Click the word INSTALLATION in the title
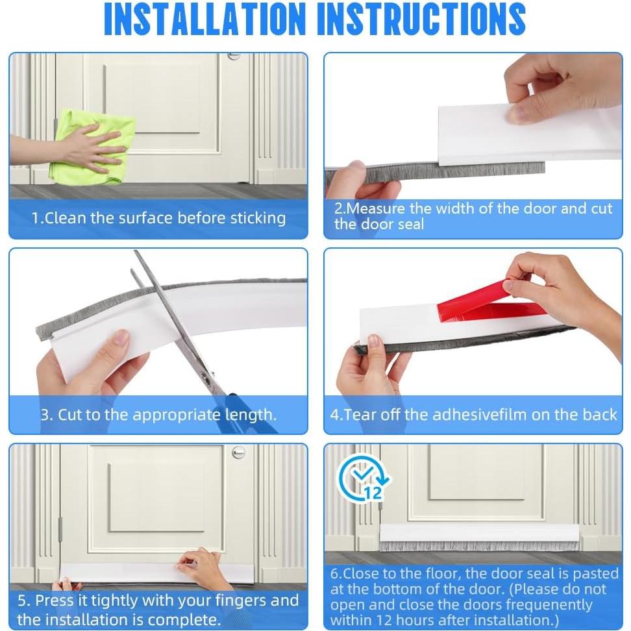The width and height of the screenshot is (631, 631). pos(205,19)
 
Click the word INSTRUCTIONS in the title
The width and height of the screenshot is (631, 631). pos(421,19)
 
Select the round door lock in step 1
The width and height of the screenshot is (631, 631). pos(234,56)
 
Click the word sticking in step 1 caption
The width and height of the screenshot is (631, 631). pos(258,218)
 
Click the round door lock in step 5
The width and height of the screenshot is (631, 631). pos(239,452)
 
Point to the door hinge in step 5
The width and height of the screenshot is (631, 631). pos(60,529)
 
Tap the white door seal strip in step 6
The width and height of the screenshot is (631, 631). pos(480,533)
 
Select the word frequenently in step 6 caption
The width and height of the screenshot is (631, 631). pos(549,605)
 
